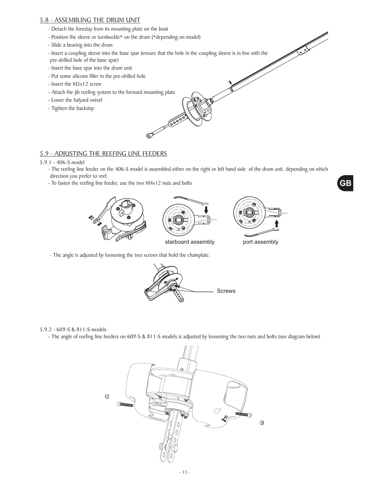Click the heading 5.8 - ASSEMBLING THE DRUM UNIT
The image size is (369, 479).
(90, 20)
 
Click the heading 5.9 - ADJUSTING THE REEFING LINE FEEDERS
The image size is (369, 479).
(103, 154)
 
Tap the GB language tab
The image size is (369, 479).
(345, 183)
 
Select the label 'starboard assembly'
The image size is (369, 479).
(189, 242)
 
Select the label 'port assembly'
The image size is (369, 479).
(260, 242)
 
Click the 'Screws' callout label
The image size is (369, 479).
(226, 291)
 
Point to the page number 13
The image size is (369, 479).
(184, 472)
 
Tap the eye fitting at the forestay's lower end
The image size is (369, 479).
(149, 136)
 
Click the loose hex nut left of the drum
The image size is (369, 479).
(107, 396)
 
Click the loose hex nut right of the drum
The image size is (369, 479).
(262, 422)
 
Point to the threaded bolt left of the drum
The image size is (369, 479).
(125, 405)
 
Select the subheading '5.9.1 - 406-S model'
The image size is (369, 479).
(62, 162)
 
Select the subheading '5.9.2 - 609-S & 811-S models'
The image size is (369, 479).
(73, 329)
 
